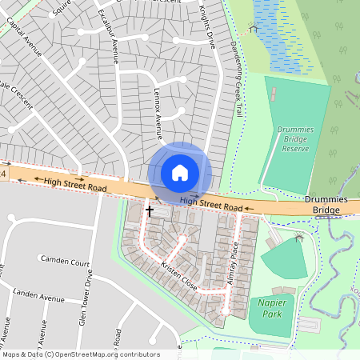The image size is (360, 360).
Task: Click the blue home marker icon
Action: click(180, 173)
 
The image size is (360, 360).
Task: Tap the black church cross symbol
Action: click(150, 210)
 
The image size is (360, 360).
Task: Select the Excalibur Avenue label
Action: click(107, 35)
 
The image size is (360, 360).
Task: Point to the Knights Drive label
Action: click(208, 24)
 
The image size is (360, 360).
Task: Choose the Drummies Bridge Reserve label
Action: click(297, 138)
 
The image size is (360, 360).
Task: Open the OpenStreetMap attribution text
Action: click(80, 354)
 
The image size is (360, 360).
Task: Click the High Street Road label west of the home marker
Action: click(75, 186)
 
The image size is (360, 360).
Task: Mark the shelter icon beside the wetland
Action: click(254, 28)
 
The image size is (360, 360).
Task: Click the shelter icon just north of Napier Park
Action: click(299, 238)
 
